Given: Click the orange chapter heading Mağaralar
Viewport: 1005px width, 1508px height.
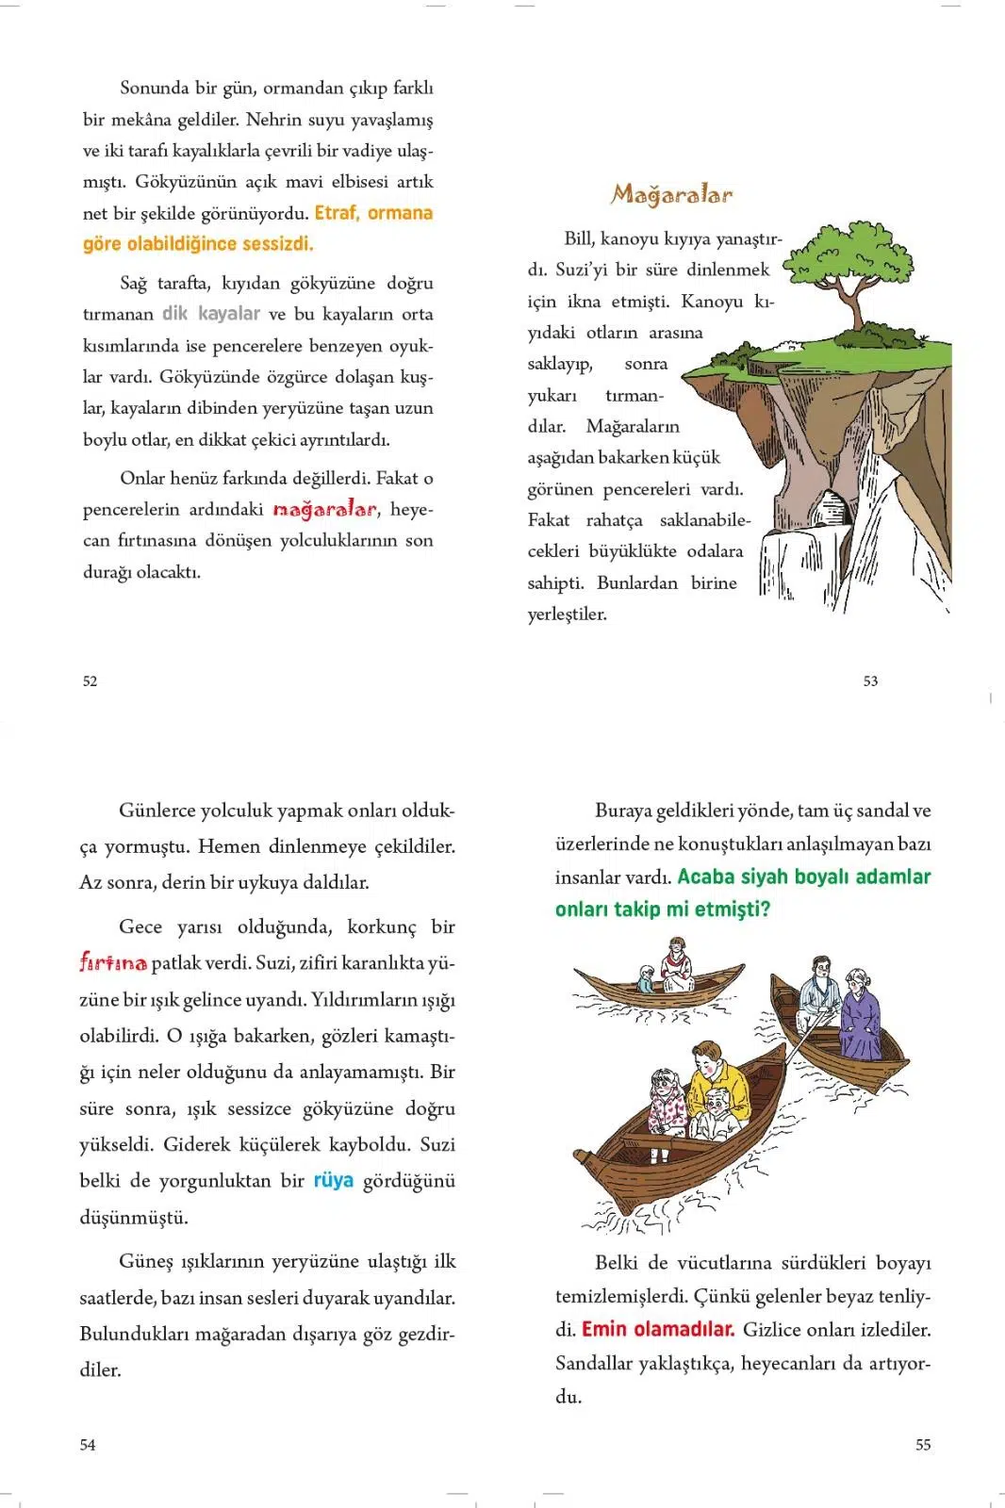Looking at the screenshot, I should [x=671, y=195].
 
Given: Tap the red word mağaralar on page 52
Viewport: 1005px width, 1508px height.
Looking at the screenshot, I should [x=324, y=510].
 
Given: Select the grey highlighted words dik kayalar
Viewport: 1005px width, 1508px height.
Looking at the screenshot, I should [x=211, y=314].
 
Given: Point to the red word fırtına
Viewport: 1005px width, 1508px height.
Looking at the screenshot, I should [x=113, y=963].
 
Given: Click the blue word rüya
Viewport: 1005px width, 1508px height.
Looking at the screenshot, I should [x=333, y=1180].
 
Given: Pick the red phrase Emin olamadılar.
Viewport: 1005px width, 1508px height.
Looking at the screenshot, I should [x=658, y=1329].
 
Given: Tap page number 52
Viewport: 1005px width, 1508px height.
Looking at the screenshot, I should [x=90, y=680].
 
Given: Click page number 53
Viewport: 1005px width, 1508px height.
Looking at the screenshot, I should [x=870, y=680].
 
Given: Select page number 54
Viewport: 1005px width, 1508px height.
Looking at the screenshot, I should [x=88, y=1444].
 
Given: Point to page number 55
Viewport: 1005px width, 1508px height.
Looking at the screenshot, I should [x=923, y=1444].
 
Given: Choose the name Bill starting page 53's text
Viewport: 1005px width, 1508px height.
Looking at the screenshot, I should [x=579, y=238].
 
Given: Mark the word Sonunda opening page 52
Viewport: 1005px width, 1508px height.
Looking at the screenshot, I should [x=155, y=88].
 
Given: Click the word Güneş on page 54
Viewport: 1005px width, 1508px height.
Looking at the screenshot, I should [x=147, y=1261].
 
